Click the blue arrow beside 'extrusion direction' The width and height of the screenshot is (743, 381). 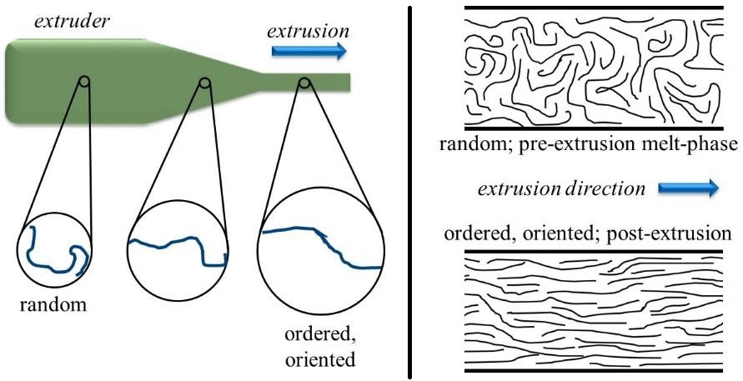[x=688, y=189]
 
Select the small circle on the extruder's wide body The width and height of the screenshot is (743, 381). [x=83, y=82]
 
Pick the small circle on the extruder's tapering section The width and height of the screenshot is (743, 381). [x=205, y=83]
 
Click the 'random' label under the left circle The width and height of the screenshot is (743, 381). [x=53, y=305]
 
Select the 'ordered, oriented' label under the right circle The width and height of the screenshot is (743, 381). [x=321, y=350]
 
